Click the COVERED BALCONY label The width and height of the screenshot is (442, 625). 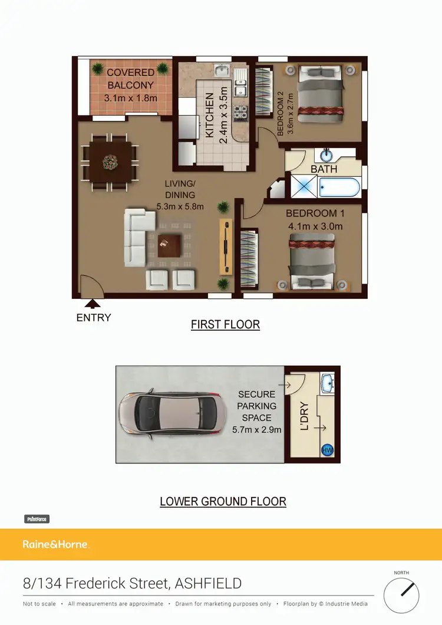[x=131, y=78]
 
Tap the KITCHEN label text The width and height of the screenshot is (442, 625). [x=210, y=115]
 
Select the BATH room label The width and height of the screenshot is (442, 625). [x=324, y=169]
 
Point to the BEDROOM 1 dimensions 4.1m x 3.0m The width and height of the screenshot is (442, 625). [x=314, y=226]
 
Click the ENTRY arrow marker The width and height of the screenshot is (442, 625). [x=92, y=304]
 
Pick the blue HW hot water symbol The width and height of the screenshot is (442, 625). [x=326, y=450]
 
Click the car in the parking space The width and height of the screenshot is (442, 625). [x=167, y=414]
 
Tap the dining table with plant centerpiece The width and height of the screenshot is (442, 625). [x=110, y=162]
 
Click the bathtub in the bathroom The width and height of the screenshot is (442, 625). [x=339, y=187]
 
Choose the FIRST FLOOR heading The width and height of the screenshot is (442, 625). [x=225, y=324]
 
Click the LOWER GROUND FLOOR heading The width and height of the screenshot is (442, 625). [x=223, y=502]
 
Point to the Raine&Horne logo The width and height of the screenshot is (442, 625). [x=56, y=544]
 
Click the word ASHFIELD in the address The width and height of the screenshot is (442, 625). [x=209, y=584]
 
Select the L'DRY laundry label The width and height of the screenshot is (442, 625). [x=305, y=416]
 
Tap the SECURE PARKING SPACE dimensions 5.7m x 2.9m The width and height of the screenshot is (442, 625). [x=256, y=429]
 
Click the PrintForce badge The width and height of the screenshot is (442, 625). [x=37, y=519]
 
